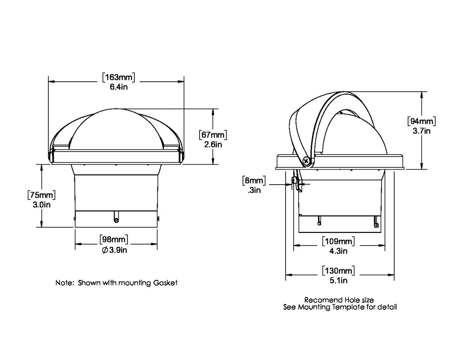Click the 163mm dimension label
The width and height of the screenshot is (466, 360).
pos(119,77)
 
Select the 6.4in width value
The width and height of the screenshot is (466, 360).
pos(119,87)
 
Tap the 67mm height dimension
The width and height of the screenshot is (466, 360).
pos(213,135)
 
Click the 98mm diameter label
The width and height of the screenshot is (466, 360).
pos(114,239)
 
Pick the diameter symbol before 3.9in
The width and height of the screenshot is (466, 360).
pos(105,250)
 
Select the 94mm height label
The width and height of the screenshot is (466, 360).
pos(421,121)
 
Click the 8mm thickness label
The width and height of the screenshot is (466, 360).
pos(253,180)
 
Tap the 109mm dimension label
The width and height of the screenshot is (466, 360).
pos(338,241)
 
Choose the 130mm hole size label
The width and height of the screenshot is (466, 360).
pos(338,271)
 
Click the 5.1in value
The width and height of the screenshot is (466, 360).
pos(339,281)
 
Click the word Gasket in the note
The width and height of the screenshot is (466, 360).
pos(165,283)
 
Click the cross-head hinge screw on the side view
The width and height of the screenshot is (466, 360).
pos(306,161)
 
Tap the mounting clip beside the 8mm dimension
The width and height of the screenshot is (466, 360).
pos(296,183)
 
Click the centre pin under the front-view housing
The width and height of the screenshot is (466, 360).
pos(116,219)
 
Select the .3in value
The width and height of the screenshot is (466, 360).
pos(254,190)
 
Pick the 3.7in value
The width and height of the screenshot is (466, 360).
pos(421,131)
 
